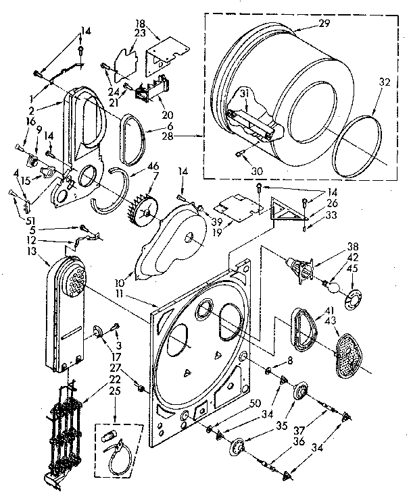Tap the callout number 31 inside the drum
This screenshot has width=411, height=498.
click(x=243, y=93)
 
